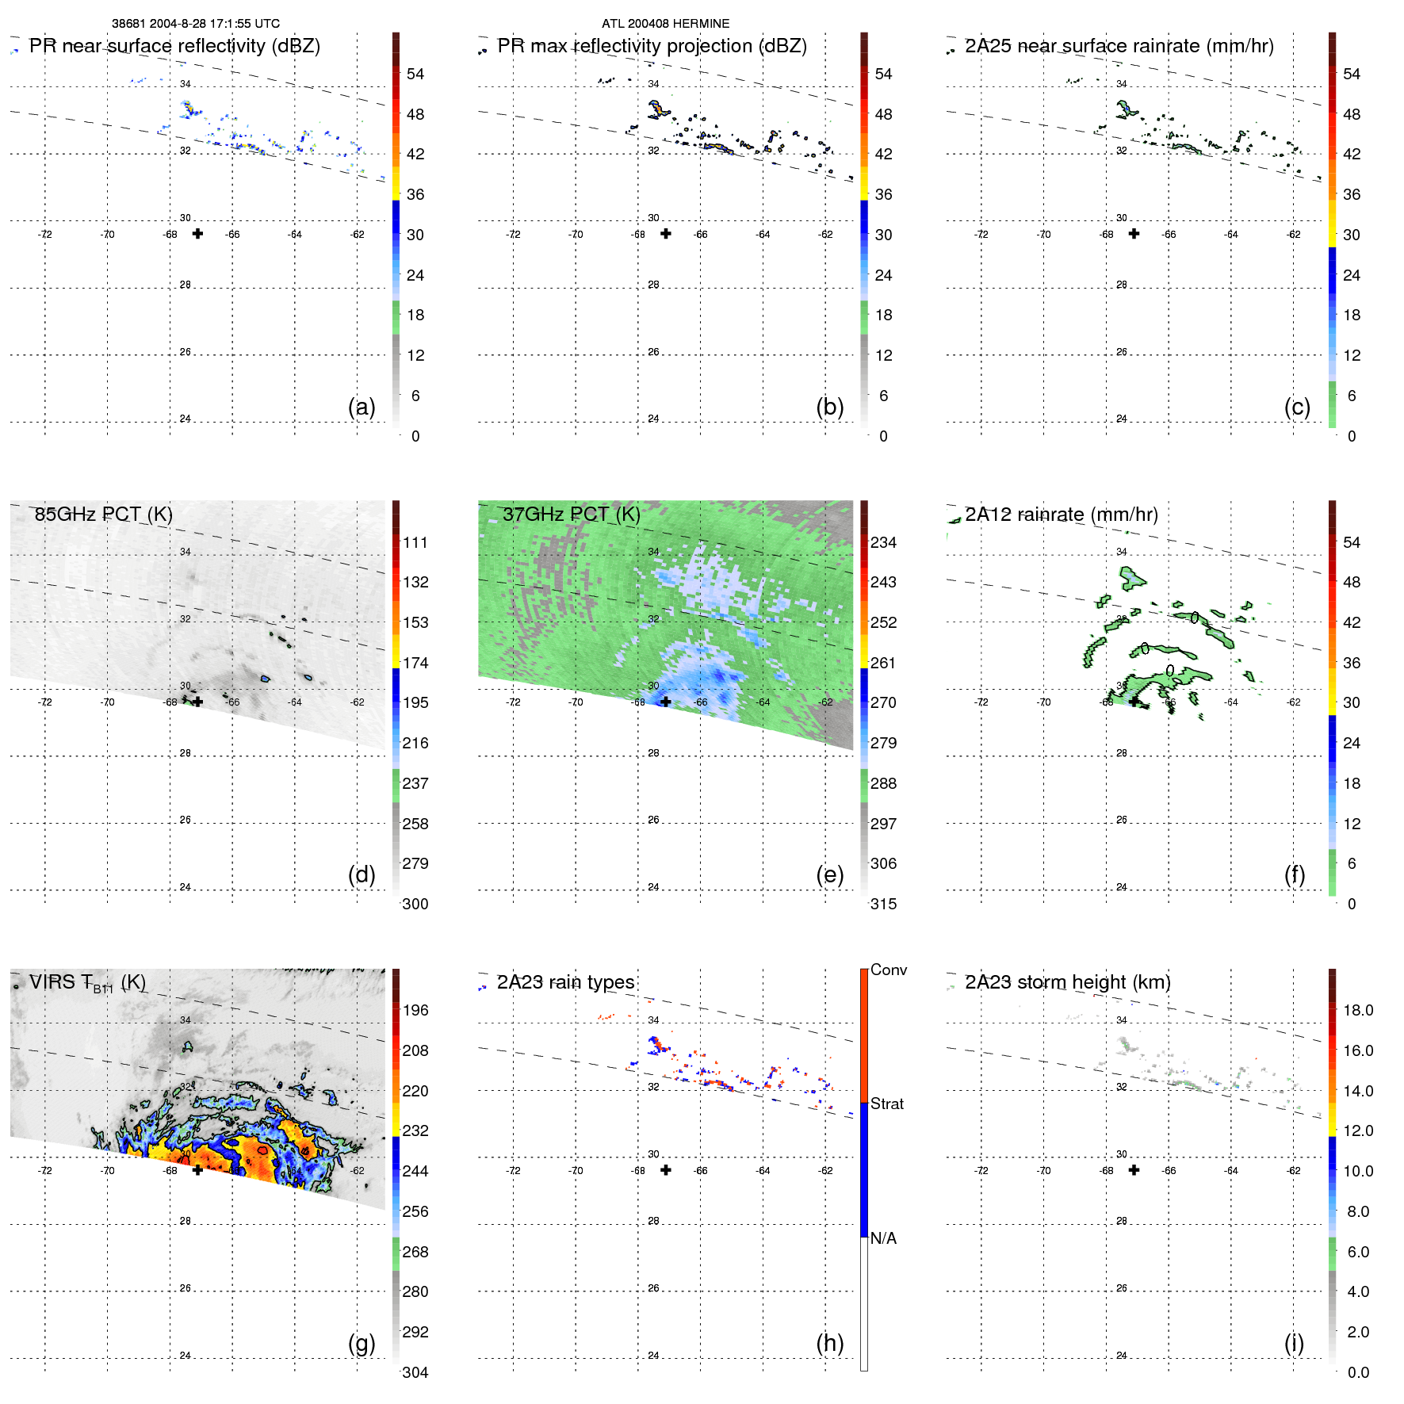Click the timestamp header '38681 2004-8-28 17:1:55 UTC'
click(195, 24)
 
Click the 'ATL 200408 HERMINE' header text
click(665, 24)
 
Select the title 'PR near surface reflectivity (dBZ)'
click(174, 46)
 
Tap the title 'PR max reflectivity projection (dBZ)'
click(652, 46)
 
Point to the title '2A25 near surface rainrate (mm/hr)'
click(1119, 46)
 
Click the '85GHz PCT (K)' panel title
click(103, 515)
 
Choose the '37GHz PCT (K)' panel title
click(571, 515)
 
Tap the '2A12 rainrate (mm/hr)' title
click(1061, 515)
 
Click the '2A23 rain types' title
click(565, 982)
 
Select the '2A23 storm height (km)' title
click(1067, 982)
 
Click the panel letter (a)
click(362, 407)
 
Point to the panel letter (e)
click(829, 874)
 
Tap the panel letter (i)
click(1294, 1343)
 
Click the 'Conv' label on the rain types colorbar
click(888, 970)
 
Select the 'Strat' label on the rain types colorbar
click(886, 1104)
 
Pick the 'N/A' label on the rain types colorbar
click(883, 1238)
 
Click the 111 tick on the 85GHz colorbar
click(415, 542)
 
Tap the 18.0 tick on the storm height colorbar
click(1358, 1010)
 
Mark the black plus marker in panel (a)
click(197, 234)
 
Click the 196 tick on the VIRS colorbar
click(415, 1010)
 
